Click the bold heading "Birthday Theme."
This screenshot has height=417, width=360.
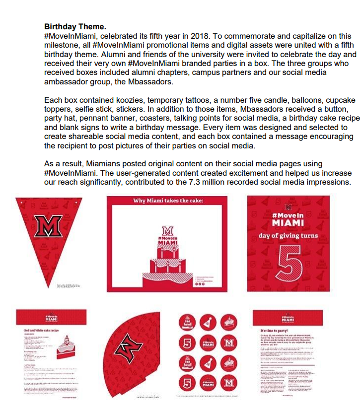click(75, 26)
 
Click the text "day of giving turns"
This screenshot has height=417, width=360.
click(288, 235)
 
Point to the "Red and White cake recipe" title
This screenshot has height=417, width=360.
click(42, 330)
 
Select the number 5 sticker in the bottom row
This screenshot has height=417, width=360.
click(185, 384)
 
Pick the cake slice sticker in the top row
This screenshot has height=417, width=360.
click(229, 322)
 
